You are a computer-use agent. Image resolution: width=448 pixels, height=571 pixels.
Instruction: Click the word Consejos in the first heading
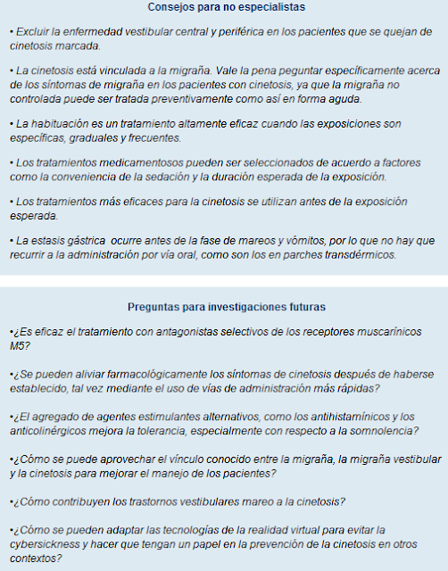point(169,7)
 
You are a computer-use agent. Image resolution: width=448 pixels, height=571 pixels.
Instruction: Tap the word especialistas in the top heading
point(268,7)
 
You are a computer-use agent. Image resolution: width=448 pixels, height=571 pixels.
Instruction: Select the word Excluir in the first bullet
point(32,31)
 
